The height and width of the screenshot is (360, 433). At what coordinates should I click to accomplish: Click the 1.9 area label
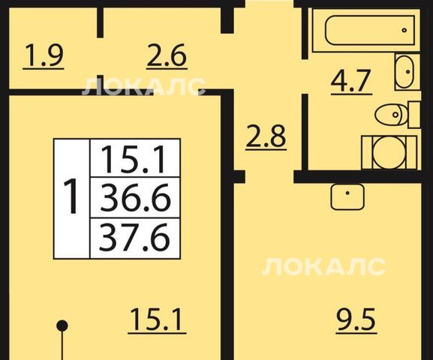[44, 57]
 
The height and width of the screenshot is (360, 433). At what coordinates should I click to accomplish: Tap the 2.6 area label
[167, 57]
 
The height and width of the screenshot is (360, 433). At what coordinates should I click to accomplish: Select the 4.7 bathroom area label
[351, 82]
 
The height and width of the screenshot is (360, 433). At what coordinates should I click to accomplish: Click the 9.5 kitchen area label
[356, 320]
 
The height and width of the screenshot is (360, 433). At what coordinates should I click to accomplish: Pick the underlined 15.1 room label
[157, 320]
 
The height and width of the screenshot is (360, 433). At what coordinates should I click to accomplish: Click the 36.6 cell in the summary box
[135, 198]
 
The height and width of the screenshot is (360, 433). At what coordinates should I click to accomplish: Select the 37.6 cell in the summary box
[134, 238]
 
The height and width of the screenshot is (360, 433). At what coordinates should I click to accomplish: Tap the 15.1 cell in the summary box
[135, 159]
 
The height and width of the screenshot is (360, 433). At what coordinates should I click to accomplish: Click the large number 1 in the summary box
[71, 196]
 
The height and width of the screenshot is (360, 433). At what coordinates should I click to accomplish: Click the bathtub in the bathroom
[370, 30]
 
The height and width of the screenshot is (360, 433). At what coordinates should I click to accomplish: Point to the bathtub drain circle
[404, 30]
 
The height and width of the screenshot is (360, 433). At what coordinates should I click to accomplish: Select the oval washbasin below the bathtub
[404, 72]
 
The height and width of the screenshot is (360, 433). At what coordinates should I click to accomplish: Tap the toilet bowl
[392, 114]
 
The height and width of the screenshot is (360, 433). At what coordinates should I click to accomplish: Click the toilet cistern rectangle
[414, 114]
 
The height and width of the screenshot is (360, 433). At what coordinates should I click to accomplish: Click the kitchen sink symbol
[347, 196]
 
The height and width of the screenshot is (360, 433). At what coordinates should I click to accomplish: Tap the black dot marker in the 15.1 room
[62, 325]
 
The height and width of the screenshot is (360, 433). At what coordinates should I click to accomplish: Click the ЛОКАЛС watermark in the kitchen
[323, 267]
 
